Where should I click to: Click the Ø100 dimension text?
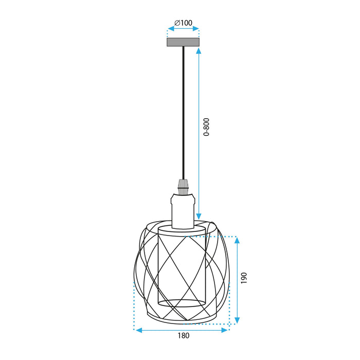183,23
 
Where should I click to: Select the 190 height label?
245,278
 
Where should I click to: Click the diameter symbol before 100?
176,23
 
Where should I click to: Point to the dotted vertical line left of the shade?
134,303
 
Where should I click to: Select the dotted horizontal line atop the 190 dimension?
221,237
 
